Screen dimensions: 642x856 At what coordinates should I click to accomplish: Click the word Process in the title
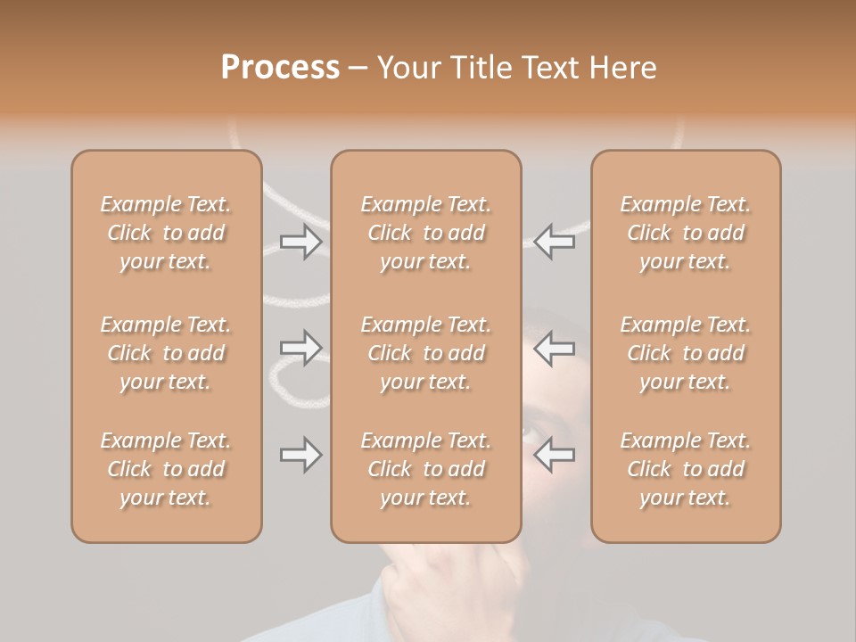pyautogui.click(x=280, y=68)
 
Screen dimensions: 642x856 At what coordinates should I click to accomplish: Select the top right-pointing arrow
pyautogui.click(x=301, y=241)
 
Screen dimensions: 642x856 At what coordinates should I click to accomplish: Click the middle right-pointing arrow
pyautogui.click(x=301, y=348)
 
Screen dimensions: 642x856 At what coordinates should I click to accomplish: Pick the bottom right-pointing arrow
pyautogui.click(x=301, y=455)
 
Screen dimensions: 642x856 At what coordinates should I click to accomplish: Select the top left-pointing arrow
pyautogui.click(x=555, y=241)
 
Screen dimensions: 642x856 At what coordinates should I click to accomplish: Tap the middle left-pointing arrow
pyautogui.click(x=555, y=348)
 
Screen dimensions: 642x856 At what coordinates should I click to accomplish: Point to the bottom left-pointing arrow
pyautogui.click(x=555, y=455)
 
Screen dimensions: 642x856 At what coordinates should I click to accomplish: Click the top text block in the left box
pyautogui.click(x=166, y=233)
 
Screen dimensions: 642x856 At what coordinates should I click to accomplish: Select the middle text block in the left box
pyautogui.click(x=166, y=353)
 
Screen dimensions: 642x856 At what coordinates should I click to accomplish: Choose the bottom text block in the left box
pyautogui.click(x=166, y=469)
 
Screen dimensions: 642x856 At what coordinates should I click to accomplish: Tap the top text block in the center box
pyautogui.click(x=425, y=233)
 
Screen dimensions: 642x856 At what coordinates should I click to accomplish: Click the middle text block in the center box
pyautogui.click(x=425, y=353)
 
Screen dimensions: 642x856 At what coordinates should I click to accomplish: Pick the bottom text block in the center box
pyautogui.click(x=425, y=469)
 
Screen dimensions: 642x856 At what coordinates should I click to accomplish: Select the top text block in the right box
pyautogui.click(x=685, y=233)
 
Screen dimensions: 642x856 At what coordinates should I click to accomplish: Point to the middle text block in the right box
pyautogui.click(x=685, y=353)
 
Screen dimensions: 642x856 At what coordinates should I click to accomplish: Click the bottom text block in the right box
pyautogui.click(x=685, y=469)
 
